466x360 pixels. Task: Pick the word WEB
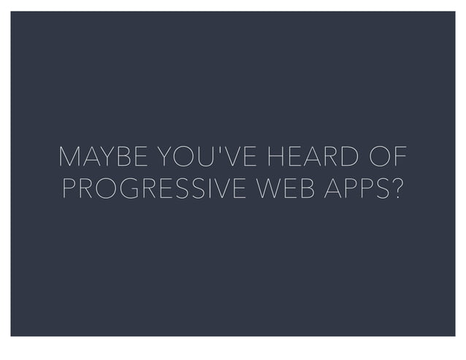[x=281, y=189]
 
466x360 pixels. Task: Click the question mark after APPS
[x=397, y=189]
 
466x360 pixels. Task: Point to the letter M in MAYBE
[x=71, y=157]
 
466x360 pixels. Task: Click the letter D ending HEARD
[x=350, y=157]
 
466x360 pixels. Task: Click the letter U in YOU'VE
[x=197, y=157]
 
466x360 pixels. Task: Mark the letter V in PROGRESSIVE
[x=213, y=189]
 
